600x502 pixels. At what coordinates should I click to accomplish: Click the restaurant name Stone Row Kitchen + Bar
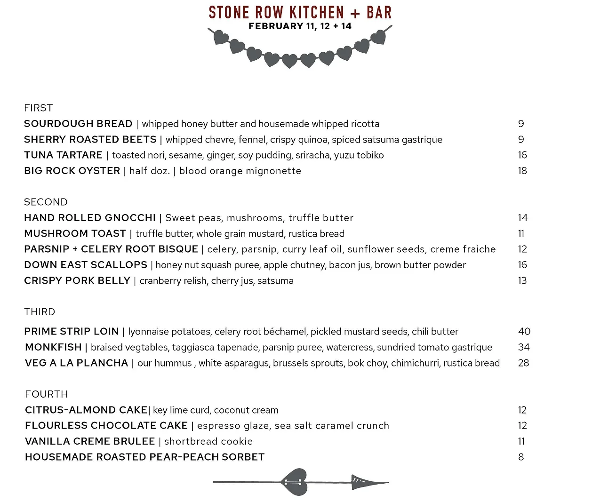click(300, 12)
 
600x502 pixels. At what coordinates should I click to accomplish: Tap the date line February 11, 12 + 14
click(300, 26)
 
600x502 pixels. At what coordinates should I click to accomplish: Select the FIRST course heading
click(38, 108)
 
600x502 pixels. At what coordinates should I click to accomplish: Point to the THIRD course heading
click(40, 312)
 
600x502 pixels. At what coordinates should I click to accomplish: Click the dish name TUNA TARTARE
click(63, 155)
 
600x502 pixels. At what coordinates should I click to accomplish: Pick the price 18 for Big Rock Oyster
click(522, 171)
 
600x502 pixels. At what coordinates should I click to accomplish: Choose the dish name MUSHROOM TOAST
click(75, 233)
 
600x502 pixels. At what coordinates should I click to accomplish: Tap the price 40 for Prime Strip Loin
click(524, 331)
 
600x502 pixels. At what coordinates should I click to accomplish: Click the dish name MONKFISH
click(53, 347)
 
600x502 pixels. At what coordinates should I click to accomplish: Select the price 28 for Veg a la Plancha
click(523, 363)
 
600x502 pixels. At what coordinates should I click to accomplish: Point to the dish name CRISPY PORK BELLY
click(77, 280)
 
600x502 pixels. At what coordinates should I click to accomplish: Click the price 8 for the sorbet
click(521, 457)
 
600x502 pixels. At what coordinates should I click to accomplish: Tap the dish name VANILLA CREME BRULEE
click(90, 441)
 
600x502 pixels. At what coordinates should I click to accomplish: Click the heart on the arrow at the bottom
click(295, 482)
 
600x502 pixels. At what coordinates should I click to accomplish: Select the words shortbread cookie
click(208, 441)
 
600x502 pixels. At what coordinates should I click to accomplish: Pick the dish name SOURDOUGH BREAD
click(78, 124)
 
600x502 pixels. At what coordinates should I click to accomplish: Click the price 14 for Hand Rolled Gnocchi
click(522, 218)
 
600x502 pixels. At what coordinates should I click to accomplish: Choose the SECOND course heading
click(46, 202)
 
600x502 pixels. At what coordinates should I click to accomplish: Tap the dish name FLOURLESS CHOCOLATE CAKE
click(106, 426)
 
